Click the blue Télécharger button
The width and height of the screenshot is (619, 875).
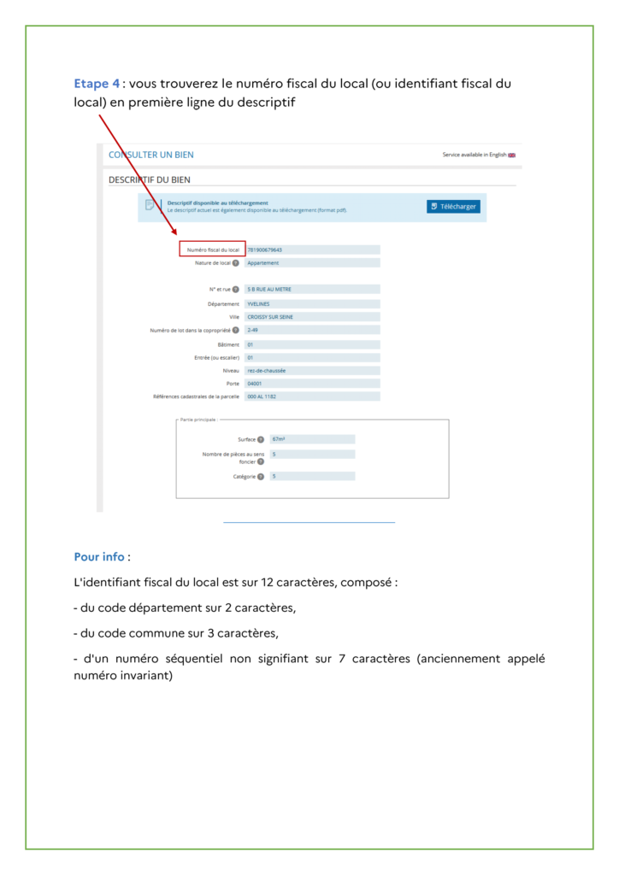453,206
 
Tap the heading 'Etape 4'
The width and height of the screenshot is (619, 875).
97,84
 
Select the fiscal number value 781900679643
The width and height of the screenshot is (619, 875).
264,250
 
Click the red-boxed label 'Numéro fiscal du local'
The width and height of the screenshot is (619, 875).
213,250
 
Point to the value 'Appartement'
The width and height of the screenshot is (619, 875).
262,263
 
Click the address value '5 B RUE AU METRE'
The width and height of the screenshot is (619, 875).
269,289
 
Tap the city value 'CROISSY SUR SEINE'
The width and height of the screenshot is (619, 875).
269,316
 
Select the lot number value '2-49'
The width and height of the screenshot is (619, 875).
252,330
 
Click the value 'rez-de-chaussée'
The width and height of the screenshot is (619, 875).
266,370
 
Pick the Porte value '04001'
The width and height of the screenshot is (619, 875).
254,384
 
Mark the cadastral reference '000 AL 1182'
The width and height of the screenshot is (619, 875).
262,396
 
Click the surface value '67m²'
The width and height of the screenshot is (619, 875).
278,438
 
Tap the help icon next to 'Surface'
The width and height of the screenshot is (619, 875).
260,439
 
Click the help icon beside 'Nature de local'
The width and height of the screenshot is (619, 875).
236,263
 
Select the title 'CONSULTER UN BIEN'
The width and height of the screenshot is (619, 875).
151,155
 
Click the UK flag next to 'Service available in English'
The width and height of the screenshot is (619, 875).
512,155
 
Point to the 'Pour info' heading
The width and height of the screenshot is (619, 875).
99,557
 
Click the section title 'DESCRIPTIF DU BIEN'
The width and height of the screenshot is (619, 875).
150,179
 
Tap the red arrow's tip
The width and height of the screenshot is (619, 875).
176,234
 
